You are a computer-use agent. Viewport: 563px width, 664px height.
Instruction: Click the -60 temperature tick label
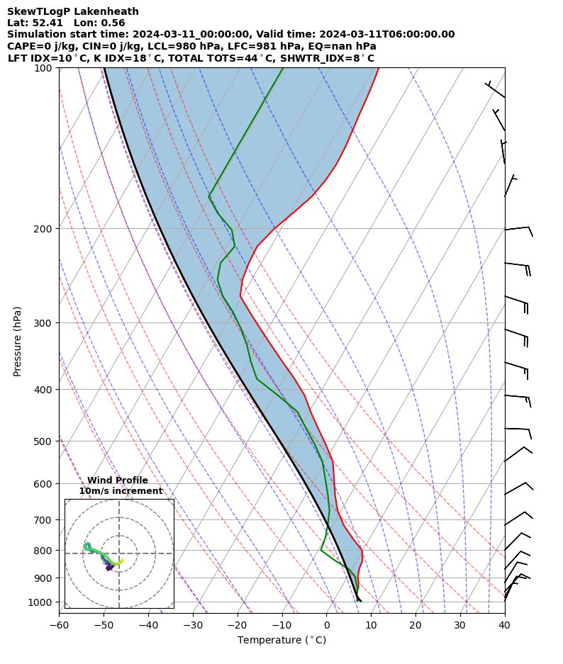coord(59,624)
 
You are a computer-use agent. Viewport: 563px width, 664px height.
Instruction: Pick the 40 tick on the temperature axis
coord(504,624)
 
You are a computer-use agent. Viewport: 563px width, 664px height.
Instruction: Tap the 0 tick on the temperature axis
coord(326,624)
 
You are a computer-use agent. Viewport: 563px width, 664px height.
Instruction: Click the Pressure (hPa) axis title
coord(18,341)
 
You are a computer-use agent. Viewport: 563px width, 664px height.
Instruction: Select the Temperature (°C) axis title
coord(281,641)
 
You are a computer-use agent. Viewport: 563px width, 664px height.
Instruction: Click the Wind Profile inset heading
coord(118,480)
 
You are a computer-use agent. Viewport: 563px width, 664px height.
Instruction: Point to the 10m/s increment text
coord(121,491)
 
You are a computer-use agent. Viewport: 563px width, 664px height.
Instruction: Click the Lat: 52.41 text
coord(36,23)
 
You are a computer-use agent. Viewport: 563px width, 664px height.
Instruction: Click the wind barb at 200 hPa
coord(518,228)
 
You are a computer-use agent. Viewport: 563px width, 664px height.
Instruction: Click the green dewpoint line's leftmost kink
coord(209,196)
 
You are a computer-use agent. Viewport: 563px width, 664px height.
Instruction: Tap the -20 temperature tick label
coord(238,624)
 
